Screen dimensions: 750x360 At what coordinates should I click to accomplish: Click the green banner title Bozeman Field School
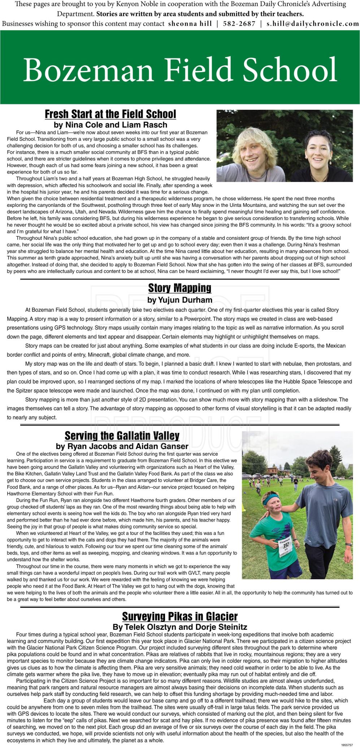(x=180, y=70)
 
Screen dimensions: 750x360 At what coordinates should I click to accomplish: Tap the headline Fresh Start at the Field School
(x=110, y=114)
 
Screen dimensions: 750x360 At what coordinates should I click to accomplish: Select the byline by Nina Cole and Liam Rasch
(x=110, y=125)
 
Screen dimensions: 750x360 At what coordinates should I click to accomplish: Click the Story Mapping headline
(x=180, y=288)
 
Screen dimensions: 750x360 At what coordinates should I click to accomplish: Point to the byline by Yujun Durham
(x=180, y=300)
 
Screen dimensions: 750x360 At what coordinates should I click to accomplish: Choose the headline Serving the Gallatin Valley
(x=122, y=436)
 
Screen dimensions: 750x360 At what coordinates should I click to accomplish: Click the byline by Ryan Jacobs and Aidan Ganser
(x=122, y=446)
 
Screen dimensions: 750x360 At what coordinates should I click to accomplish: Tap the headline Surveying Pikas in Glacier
(x=180, y=616)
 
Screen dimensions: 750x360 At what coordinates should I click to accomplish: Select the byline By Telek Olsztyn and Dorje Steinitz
(x=180, y=627)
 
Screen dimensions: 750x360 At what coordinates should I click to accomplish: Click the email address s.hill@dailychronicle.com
(x=313, y=24)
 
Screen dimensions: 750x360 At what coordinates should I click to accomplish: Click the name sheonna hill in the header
(x=190, y=24)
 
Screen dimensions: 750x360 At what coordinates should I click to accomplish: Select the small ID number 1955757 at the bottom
(x=347, y=745)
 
